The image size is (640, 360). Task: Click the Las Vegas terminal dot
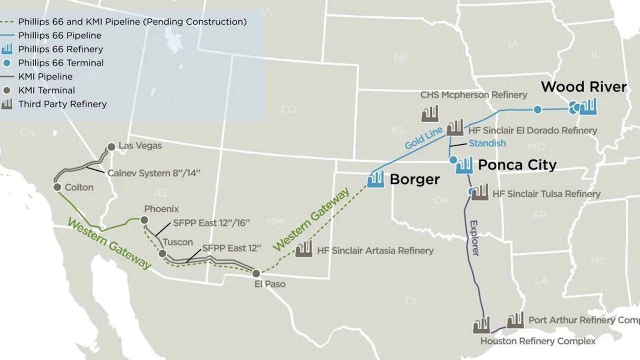coord(111,146)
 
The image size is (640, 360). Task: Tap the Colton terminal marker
coord(56,187)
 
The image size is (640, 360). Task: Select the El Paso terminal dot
coord(256,273)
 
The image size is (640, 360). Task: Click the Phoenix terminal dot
coord(144,219)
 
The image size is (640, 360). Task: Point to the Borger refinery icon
coord(375,179)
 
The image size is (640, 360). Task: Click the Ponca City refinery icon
coord(464,165)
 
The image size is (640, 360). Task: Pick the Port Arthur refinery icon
coord(515,320)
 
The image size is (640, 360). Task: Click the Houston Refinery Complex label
coord(538,341)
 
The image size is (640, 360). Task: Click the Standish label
coord(487,143)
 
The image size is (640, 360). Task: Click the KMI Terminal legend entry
coord(46,90)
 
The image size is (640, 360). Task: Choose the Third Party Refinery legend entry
coord(62,104)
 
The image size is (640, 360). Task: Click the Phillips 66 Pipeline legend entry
coord(59,35)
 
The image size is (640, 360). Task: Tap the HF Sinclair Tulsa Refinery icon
coord(480,192)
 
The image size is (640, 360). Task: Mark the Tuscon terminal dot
coord(162,253)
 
